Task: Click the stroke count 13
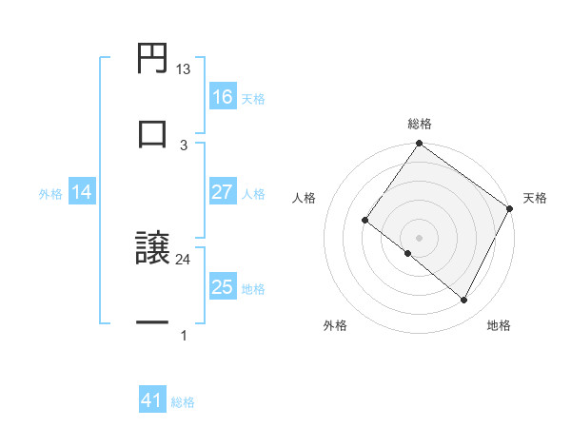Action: [x=184, y=69]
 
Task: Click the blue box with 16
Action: [x=223, y=97]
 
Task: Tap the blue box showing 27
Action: [x=223, y=192]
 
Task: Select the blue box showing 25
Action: [x=223, y=287]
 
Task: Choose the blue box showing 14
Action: [x=82, y=192]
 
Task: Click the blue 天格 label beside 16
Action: [x=253, y=98]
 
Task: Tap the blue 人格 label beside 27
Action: [x=253, y=193]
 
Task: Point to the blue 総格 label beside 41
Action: [x=183, y=402]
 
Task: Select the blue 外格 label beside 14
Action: [x=50, y=193]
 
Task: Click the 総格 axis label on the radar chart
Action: [x=420, y=124]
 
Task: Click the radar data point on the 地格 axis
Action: [x=464, y=301]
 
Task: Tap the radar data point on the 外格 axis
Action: [x=408, y=254]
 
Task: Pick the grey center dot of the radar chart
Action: [x=419, y=237]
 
